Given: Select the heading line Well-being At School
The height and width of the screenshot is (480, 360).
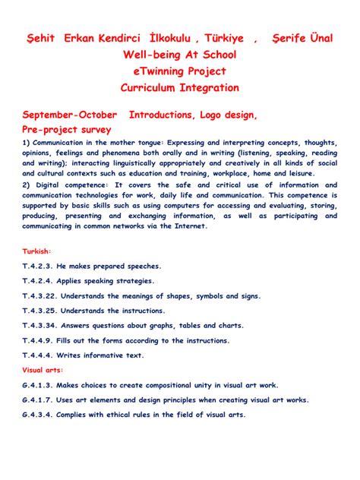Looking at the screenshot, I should [179, 55].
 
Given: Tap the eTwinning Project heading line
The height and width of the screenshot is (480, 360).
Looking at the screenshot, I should [179, 71].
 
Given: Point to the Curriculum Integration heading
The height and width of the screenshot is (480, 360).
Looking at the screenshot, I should [179, 88].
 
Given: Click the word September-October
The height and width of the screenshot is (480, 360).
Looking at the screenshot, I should [71, 115].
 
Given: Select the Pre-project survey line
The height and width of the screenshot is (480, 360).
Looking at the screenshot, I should [67, 130].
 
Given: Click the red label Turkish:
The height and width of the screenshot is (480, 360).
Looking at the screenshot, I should [37, 251].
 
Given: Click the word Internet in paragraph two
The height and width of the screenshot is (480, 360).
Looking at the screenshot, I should [195, 226].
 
